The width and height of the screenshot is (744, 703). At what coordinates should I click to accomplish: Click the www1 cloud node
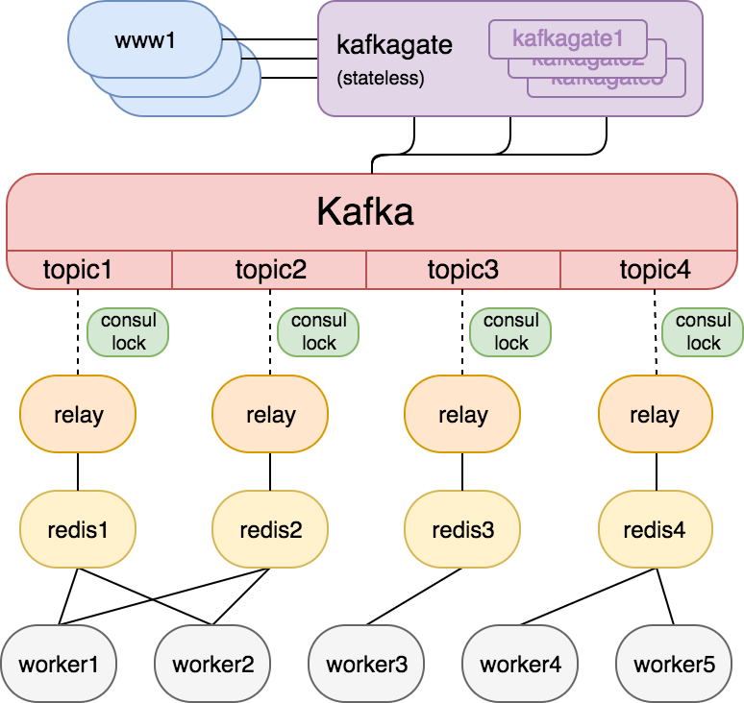(144, 39)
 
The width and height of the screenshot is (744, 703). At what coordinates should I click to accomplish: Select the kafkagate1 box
(567, 38)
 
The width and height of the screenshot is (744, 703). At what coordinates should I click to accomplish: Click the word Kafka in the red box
(365, 211)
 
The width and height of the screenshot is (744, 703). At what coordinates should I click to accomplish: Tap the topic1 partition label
(78, 270)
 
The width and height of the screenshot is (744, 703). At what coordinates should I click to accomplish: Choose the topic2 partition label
(270, 270)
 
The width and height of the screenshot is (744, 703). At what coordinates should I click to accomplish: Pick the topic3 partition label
(462, 270)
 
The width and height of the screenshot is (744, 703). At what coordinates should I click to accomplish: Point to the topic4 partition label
(655, 270)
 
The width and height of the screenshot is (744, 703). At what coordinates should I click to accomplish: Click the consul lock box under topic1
(128, 331)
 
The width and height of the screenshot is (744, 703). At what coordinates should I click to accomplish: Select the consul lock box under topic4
(703, 331)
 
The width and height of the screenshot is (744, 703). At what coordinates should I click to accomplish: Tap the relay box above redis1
(78, 415)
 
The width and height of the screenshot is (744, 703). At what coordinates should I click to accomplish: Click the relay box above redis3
(462, 415)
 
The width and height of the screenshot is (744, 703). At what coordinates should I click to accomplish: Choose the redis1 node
(78, 529)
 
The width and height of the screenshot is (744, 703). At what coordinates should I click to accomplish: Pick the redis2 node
(270, 529)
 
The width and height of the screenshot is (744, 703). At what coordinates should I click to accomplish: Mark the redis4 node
(655, 529)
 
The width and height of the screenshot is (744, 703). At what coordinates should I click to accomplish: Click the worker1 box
(59, 664)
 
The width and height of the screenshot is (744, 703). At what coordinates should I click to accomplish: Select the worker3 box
(366, 664)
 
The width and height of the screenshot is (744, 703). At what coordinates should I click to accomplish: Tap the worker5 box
(674, 664)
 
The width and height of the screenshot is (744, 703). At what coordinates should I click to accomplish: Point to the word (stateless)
(381, 79)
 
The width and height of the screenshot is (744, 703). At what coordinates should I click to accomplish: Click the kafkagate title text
(395, 45)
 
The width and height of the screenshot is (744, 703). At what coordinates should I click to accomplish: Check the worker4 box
(520, 664)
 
